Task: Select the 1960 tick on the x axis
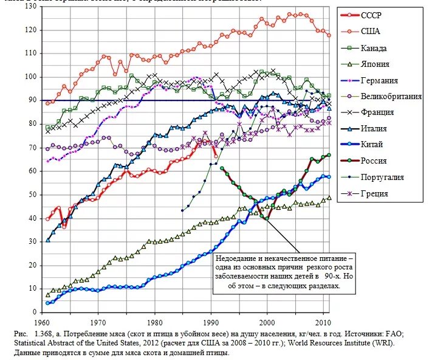click(42, 322)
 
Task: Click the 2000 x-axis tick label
click(267, 322)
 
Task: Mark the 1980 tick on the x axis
click(154, 322)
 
